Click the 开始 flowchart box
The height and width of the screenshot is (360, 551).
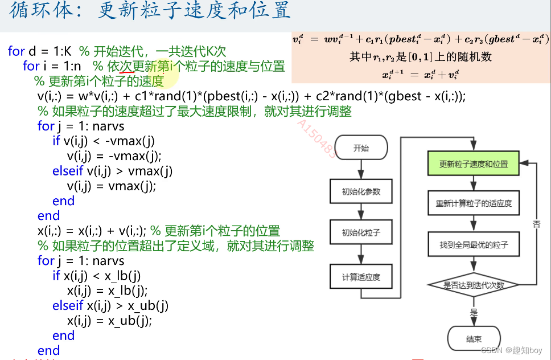click(361, 148)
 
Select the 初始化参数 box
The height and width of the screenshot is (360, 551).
click(361, 191)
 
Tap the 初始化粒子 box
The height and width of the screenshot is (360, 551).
click(361, 233)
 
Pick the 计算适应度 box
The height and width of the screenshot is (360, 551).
click(361, 277)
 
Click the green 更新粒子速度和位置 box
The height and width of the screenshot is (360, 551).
click(474, 164)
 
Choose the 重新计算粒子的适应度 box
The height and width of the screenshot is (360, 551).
click(474, 203)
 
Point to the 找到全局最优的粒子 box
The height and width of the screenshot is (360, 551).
click(474, 246)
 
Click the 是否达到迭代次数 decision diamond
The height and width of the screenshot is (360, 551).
click(474, 285)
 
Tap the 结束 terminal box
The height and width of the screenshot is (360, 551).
click(474, 339)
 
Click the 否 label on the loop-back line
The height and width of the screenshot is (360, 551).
click(536, 224)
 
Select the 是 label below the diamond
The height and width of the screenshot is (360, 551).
click(474, 312)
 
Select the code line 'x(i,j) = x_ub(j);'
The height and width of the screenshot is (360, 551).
click(109, 321)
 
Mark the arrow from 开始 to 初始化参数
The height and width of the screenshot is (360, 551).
click(361, 169)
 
